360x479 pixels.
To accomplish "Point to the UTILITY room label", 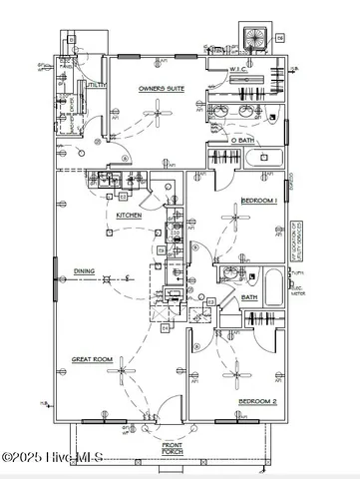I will [97, 87].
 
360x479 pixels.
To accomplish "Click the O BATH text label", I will [242, 141].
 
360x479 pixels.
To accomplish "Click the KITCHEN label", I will [130, 216].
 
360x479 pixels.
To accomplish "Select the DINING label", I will [84, 270].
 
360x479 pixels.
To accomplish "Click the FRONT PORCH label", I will [173, 449].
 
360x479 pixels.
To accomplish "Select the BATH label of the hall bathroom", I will [249, 296].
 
